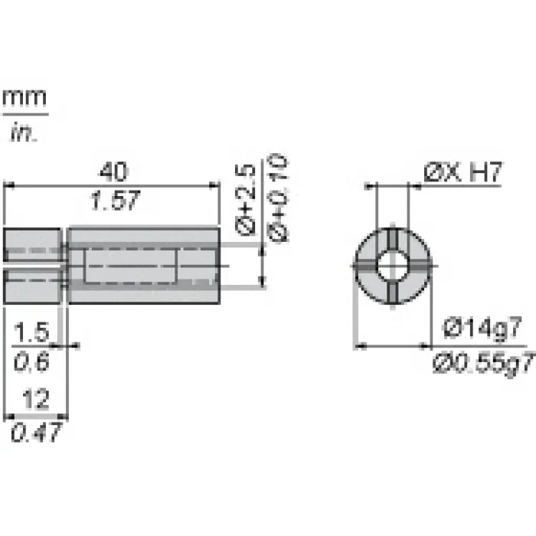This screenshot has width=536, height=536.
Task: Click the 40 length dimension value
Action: point(113,172)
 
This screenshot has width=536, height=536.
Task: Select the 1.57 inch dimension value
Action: point(115,201)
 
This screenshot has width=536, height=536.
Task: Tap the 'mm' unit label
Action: point(25,97)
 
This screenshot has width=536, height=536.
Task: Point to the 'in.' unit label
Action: point(24,132)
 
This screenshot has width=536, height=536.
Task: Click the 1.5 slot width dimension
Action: point(31,332)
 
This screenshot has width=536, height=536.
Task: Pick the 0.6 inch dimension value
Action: point(31,361)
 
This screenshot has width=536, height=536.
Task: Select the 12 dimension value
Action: point(35,399)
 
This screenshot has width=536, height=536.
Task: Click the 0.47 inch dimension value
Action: point(37,432)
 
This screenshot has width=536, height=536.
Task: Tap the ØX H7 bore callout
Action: point(463,172)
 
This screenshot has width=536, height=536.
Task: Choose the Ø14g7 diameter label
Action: point(482,328)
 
